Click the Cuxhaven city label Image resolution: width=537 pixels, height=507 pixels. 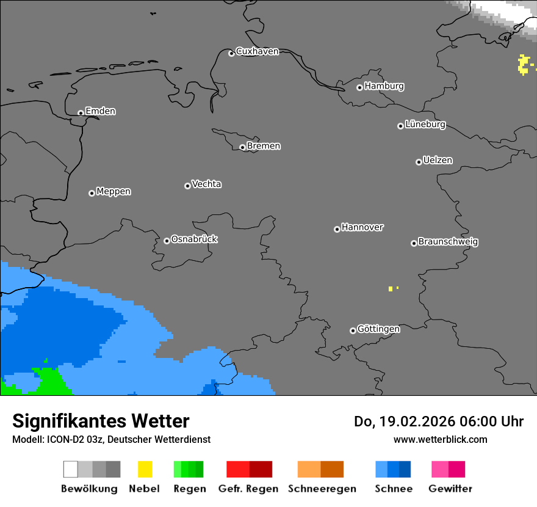pyautogui.click(x=257, y=51)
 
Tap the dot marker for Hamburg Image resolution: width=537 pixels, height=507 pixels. pyautogui.click(x=359, y=87)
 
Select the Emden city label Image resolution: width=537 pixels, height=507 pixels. pyautogui.click(x=100, y=111)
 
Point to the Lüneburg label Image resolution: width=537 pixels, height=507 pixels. pyautogui.click(x=425, y=124)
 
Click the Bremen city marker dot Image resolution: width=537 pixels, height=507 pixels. pyautogui.click(x=242, y=147)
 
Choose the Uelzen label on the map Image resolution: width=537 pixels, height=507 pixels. pyautogui.click(x=438, y=160)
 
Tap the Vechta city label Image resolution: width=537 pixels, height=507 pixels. pyautogui.click(x=206, y=184)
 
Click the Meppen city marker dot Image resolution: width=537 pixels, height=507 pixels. pyautogui.click(x=92, y=193)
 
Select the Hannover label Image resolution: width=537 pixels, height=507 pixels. pyautogui.click(x=362, y=227)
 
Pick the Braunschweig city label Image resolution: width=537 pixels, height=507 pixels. pyautogui.click(x=448, y=241)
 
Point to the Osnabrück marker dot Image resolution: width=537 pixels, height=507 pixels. pyautogui.click(x=167, y=241)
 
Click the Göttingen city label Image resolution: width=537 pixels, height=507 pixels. pyautogui.click(x=378, y=329)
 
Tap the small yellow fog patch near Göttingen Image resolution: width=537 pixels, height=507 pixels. pyautogui.click(x=391, y=288)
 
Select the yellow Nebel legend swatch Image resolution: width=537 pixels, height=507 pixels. pyautogui.click(x=145, y=469)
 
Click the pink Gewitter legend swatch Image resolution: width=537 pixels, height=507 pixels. pyautogui.click(x=448, y=469)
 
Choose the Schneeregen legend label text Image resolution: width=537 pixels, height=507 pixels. pyautogui.click(x=322, y=489)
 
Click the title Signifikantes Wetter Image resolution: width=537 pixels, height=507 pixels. pyautogui.click(x=101, y=421)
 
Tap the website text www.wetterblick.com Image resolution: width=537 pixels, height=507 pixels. pyautogui.click(x=440, y=439)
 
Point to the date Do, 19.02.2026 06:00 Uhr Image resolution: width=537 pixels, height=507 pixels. pyautogui.click(x=438, y=421)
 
